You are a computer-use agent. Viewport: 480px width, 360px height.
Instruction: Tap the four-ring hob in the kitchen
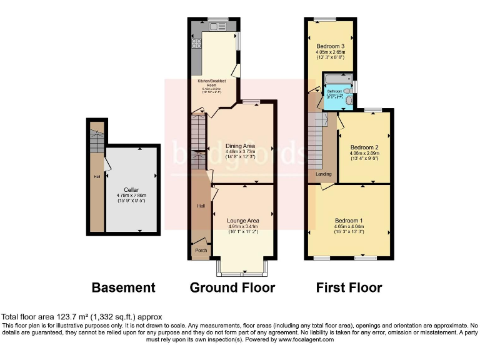coord(197,43)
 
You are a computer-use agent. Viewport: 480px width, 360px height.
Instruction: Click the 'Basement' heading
coord(123,287)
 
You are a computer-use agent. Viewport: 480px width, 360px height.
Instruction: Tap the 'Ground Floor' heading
coord(232,287)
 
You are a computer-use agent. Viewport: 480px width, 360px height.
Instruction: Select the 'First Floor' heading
coord(349,287)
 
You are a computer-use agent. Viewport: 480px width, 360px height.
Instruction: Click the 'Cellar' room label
coord(131,189)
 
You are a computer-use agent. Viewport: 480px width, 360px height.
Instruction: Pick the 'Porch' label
coord(201,251)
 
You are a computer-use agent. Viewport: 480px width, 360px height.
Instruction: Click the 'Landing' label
coord(324,174)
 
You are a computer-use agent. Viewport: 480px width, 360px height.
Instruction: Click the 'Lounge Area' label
coord(244,221)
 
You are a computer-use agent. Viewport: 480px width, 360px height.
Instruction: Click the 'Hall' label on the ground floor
coord(201,206)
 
